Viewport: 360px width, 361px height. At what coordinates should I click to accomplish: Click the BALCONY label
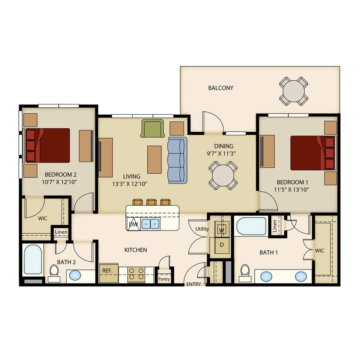pyautogui.click(x=220, y=88)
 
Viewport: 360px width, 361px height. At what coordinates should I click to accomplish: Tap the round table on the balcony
pyautogui.click(x=294, y=91)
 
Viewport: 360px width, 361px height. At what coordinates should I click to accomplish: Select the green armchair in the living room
pyautogui.click(x=153, y=128)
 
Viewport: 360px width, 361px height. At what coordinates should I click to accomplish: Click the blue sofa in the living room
pyautogui.click(x=177, y=160)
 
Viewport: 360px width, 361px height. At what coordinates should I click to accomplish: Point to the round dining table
pyautogui.click(x=223, y=175)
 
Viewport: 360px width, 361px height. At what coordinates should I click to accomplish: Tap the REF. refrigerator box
pyautogui.click(x=107, y=274)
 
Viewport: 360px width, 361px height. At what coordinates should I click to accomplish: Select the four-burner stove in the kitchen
pyautogui.click(x=136, y=274)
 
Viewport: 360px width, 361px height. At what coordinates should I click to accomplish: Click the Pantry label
pyautogui.click(x=164, y=278)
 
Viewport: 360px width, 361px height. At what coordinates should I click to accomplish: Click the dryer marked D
pyautogui.click(x=222, y=245)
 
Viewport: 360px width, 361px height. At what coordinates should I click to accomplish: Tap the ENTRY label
pyautogui.click(x=193, y=284)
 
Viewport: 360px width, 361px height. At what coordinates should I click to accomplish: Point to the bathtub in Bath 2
pyautogui.click(x=33, y=259)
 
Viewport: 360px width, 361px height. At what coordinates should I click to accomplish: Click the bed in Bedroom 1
pyautogui.click(x=313, y=153)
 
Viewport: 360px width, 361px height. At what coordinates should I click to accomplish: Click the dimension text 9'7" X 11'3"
pyautogui.click(x=221, y=153)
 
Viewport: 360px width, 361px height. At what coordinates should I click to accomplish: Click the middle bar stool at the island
pyautogui.click(x=151, y=202)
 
